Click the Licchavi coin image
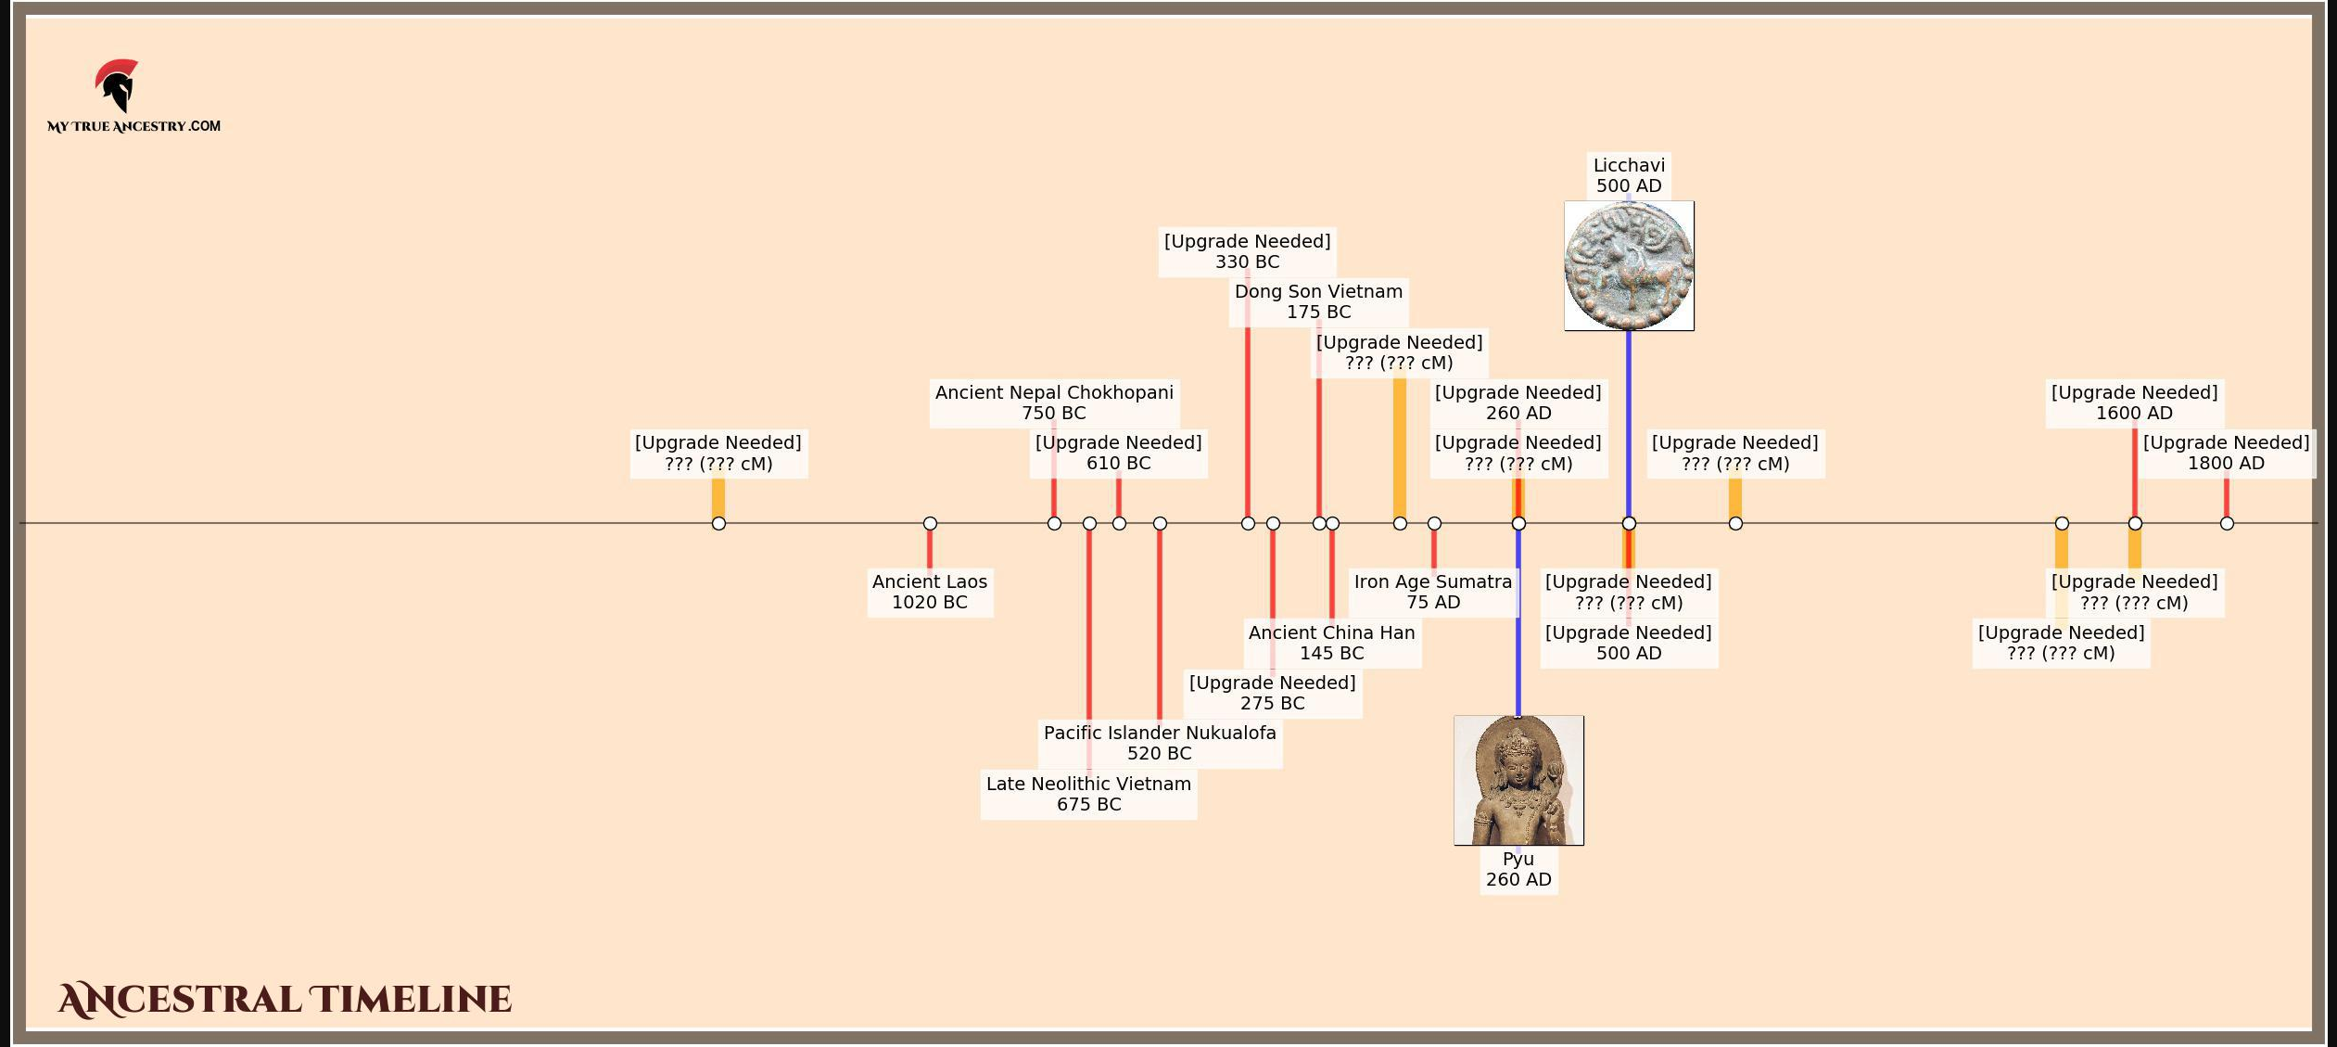1629,266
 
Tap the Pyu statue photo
1518,780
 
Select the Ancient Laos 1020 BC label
929,592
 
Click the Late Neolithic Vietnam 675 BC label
1088,794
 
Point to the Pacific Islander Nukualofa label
1159,743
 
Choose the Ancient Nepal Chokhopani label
1054,402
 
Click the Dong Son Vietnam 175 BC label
1318,301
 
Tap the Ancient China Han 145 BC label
1331,643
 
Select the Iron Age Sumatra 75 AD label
1432,592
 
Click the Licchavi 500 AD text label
1629,175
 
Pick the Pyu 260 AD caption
1518,869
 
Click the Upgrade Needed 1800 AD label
2226,453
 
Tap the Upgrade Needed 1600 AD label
2134,402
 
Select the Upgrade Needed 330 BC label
1247,251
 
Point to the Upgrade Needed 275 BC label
1272,693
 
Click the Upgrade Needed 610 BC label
1118,453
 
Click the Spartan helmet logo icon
117,85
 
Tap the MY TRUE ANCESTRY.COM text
133,126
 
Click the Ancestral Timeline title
285,999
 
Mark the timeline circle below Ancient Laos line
930,523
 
